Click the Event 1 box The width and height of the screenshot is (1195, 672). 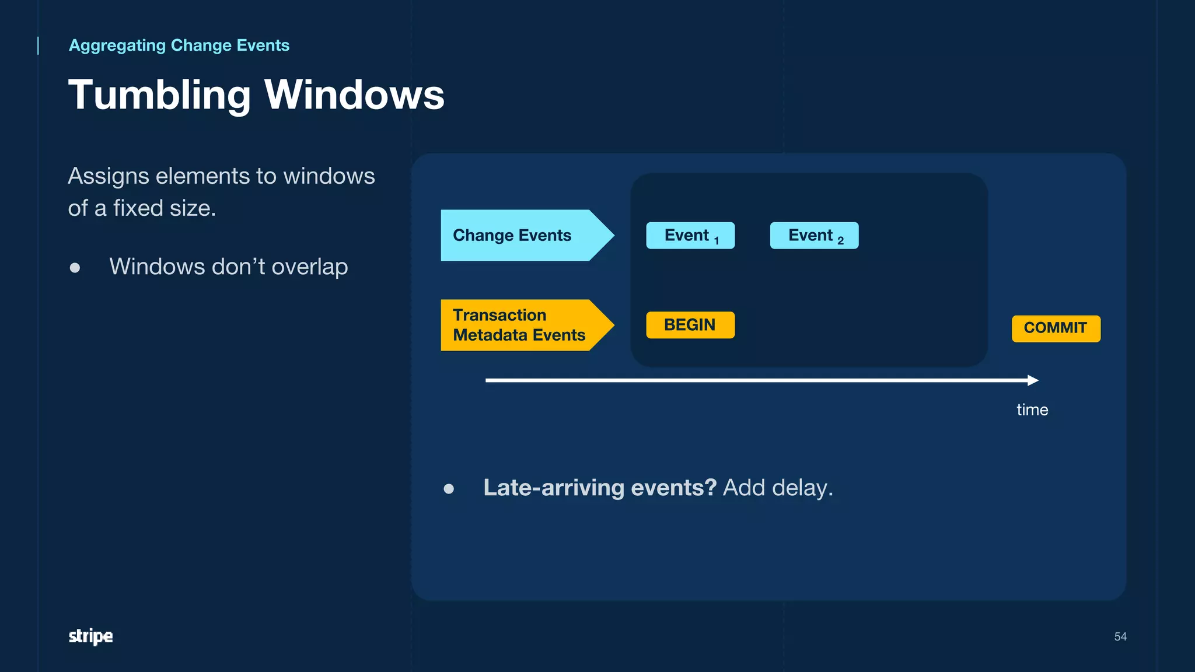690,236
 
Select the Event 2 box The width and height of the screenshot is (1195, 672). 814,236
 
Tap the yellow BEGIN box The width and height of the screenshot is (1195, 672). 690,325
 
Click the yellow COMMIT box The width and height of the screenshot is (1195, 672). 1056,328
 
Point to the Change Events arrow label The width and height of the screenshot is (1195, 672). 512,235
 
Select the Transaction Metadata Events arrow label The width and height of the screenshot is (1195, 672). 519,325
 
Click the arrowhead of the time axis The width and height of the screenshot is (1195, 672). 1033,380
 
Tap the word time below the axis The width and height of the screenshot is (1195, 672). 1032,409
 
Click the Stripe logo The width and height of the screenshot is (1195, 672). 90,636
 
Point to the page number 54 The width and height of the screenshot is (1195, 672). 1120,636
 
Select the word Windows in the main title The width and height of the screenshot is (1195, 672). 354,95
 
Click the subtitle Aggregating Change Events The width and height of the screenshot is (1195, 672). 179,45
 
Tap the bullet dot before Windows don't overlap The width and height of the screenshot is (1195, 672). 75,268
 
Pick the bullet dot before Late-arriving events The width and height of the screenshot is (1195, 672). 449,489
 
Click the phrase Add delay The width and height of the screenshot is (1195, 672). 778,488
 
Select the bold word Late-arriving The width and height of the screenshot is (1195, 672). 554,488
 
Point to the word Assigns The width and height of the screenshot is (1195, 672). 109,177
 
